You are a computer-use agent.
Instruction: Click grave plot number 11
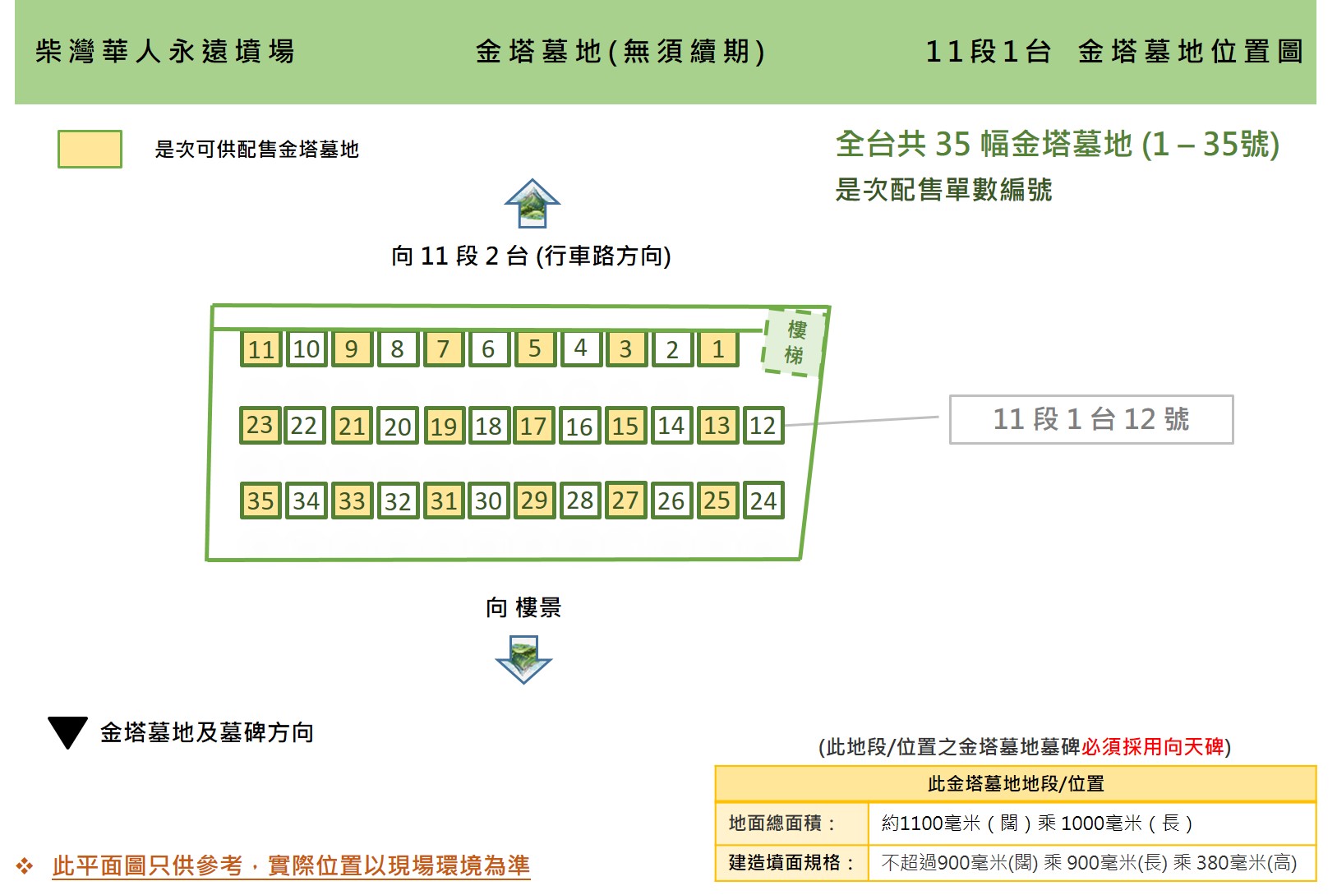click(x=260, y=348)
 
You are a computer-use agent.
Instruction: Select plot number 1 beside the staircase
click(x=718, y=348)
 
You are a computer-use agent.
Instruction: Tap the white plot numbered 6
click(x=489, y=348)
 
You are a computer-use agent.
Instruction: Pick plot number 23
click(x=260, y=425)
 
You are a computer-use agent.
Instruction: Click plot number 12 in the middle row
click(x=763, y=425)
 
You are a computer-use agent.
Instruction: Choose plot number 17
click(x=534, y=425)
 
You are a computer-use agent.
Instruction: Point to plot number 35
click(x=260, y=501)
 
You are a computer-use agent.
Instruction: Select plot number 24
click(x=763, y=501)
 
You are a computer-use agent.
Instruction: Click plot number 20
click(x=398, y=425)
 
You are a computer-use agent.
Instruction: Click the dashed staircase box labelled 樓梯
click(x=795, y=342)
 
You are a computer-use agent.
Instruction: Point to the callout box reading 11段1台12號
click(x=1091, y=419)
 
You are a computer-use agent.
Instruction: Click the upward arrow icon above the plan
click(x=532, y=203)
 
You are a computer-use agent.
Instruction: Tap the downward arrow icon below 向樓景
click(x=523, y=659)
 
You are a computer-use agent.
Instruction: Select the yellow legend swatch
click(x=90, y=150)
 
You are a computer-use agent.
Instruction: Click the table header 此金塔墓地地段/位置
click(x=1016, y=783)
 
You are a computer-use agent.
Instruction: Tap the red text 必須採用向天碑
click(x=1152, y=746)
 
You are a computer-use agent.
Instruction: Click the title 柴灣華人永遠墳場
click(x=164, y=51)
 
